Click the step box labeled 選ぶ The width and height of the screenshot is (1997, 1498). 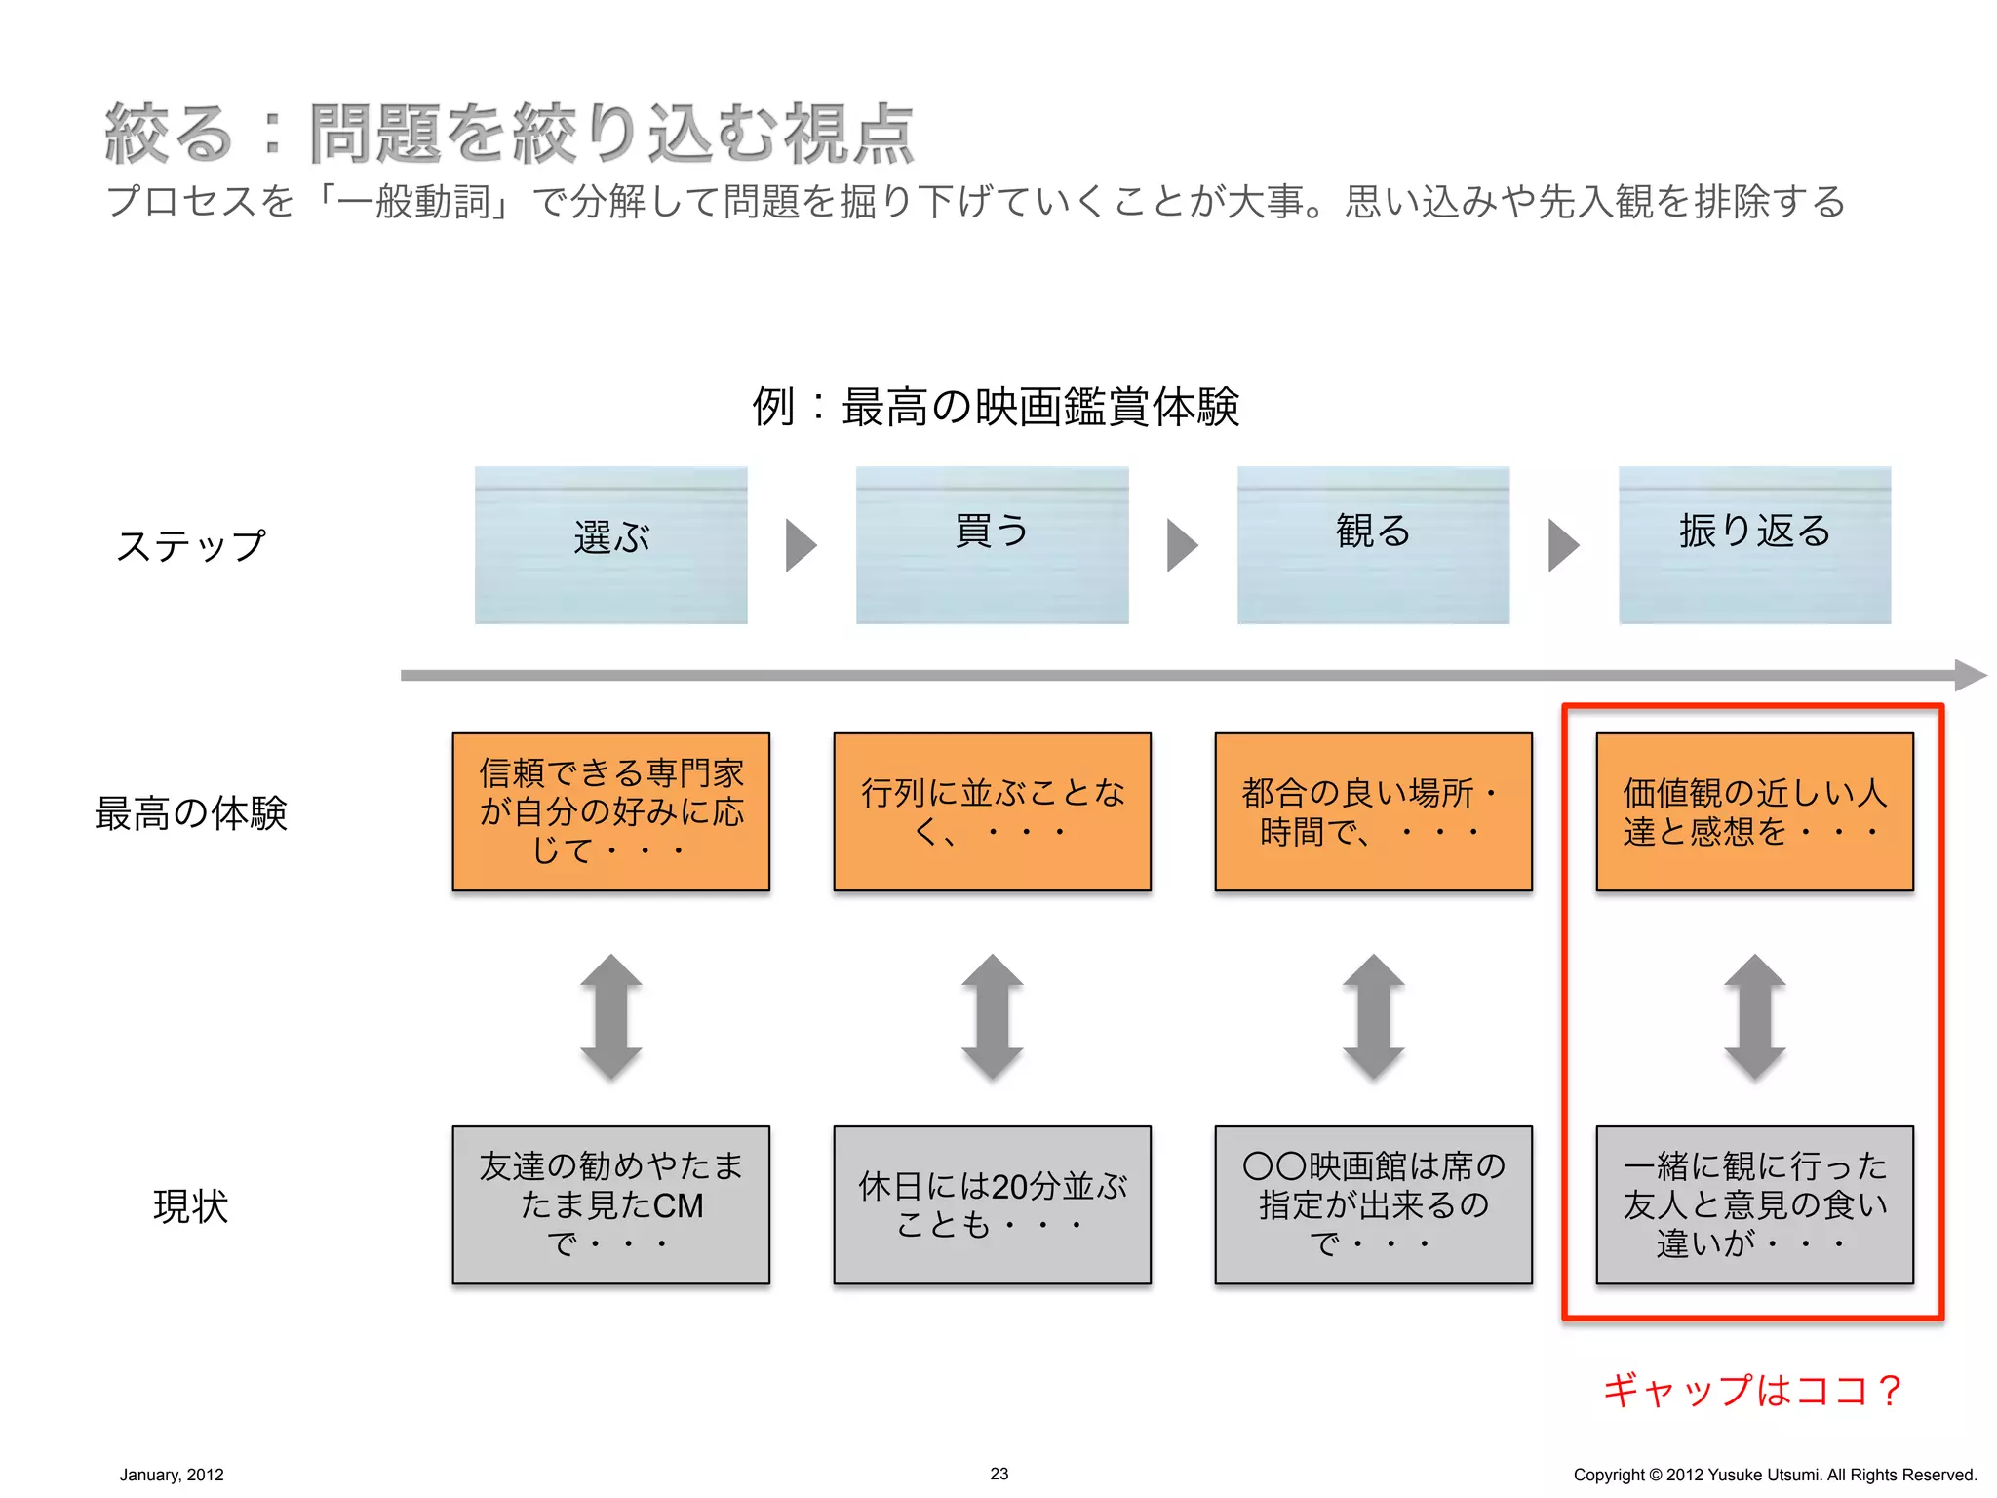tap(610, 544)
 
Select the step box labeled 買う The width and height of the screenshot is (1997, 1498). tap(992, 544)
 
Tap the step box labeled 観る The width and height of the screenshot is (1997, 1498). tap(1373, 544)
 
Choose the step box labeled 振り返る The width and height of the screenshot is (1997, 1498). tap(1754, 544)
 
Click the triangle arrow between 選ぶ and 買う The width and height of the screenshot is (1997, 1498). tap(800, 544)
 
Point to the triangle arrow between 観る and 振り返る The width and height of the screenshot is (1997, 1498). tap(1562, 544)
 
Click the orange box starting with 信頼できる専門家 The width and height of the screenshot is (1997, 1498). tap(610, 811)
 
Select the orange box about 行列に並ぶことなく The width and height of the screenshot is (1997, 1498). tap(992, 811)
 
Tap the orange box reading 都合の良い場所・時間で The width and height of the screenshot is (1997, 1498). tap(1373, 811)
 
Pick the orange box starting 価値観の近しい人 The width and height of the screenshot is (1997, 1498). tap(1754, 811)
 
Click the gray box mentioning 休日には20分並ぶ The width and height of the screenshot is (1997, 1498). tap(992, 1204)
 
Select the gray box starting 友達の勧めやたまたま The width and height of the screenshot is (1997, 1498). tap(610, 1204)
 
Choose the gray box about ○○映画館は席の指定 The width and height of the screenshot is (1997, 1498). tap(1373, 1204)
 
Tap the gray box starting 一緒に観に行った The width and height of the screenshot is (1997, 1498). tap(1754, 1204)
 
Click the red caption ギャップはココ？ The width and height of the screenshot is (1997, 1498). tap(1751, 1390)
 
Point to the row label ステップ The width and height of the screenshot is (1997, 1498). tap(191, 545)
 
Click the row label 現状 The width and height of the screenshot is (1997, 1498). tap(190, 1206)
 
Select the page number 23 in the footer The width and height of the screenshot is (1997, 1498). tap(998, 1474)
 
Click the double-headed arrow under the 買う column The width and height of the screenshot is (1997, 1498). tap(992, 1017)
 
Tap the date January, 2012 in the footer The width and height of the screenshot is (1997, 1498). tap(172, 1475)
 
